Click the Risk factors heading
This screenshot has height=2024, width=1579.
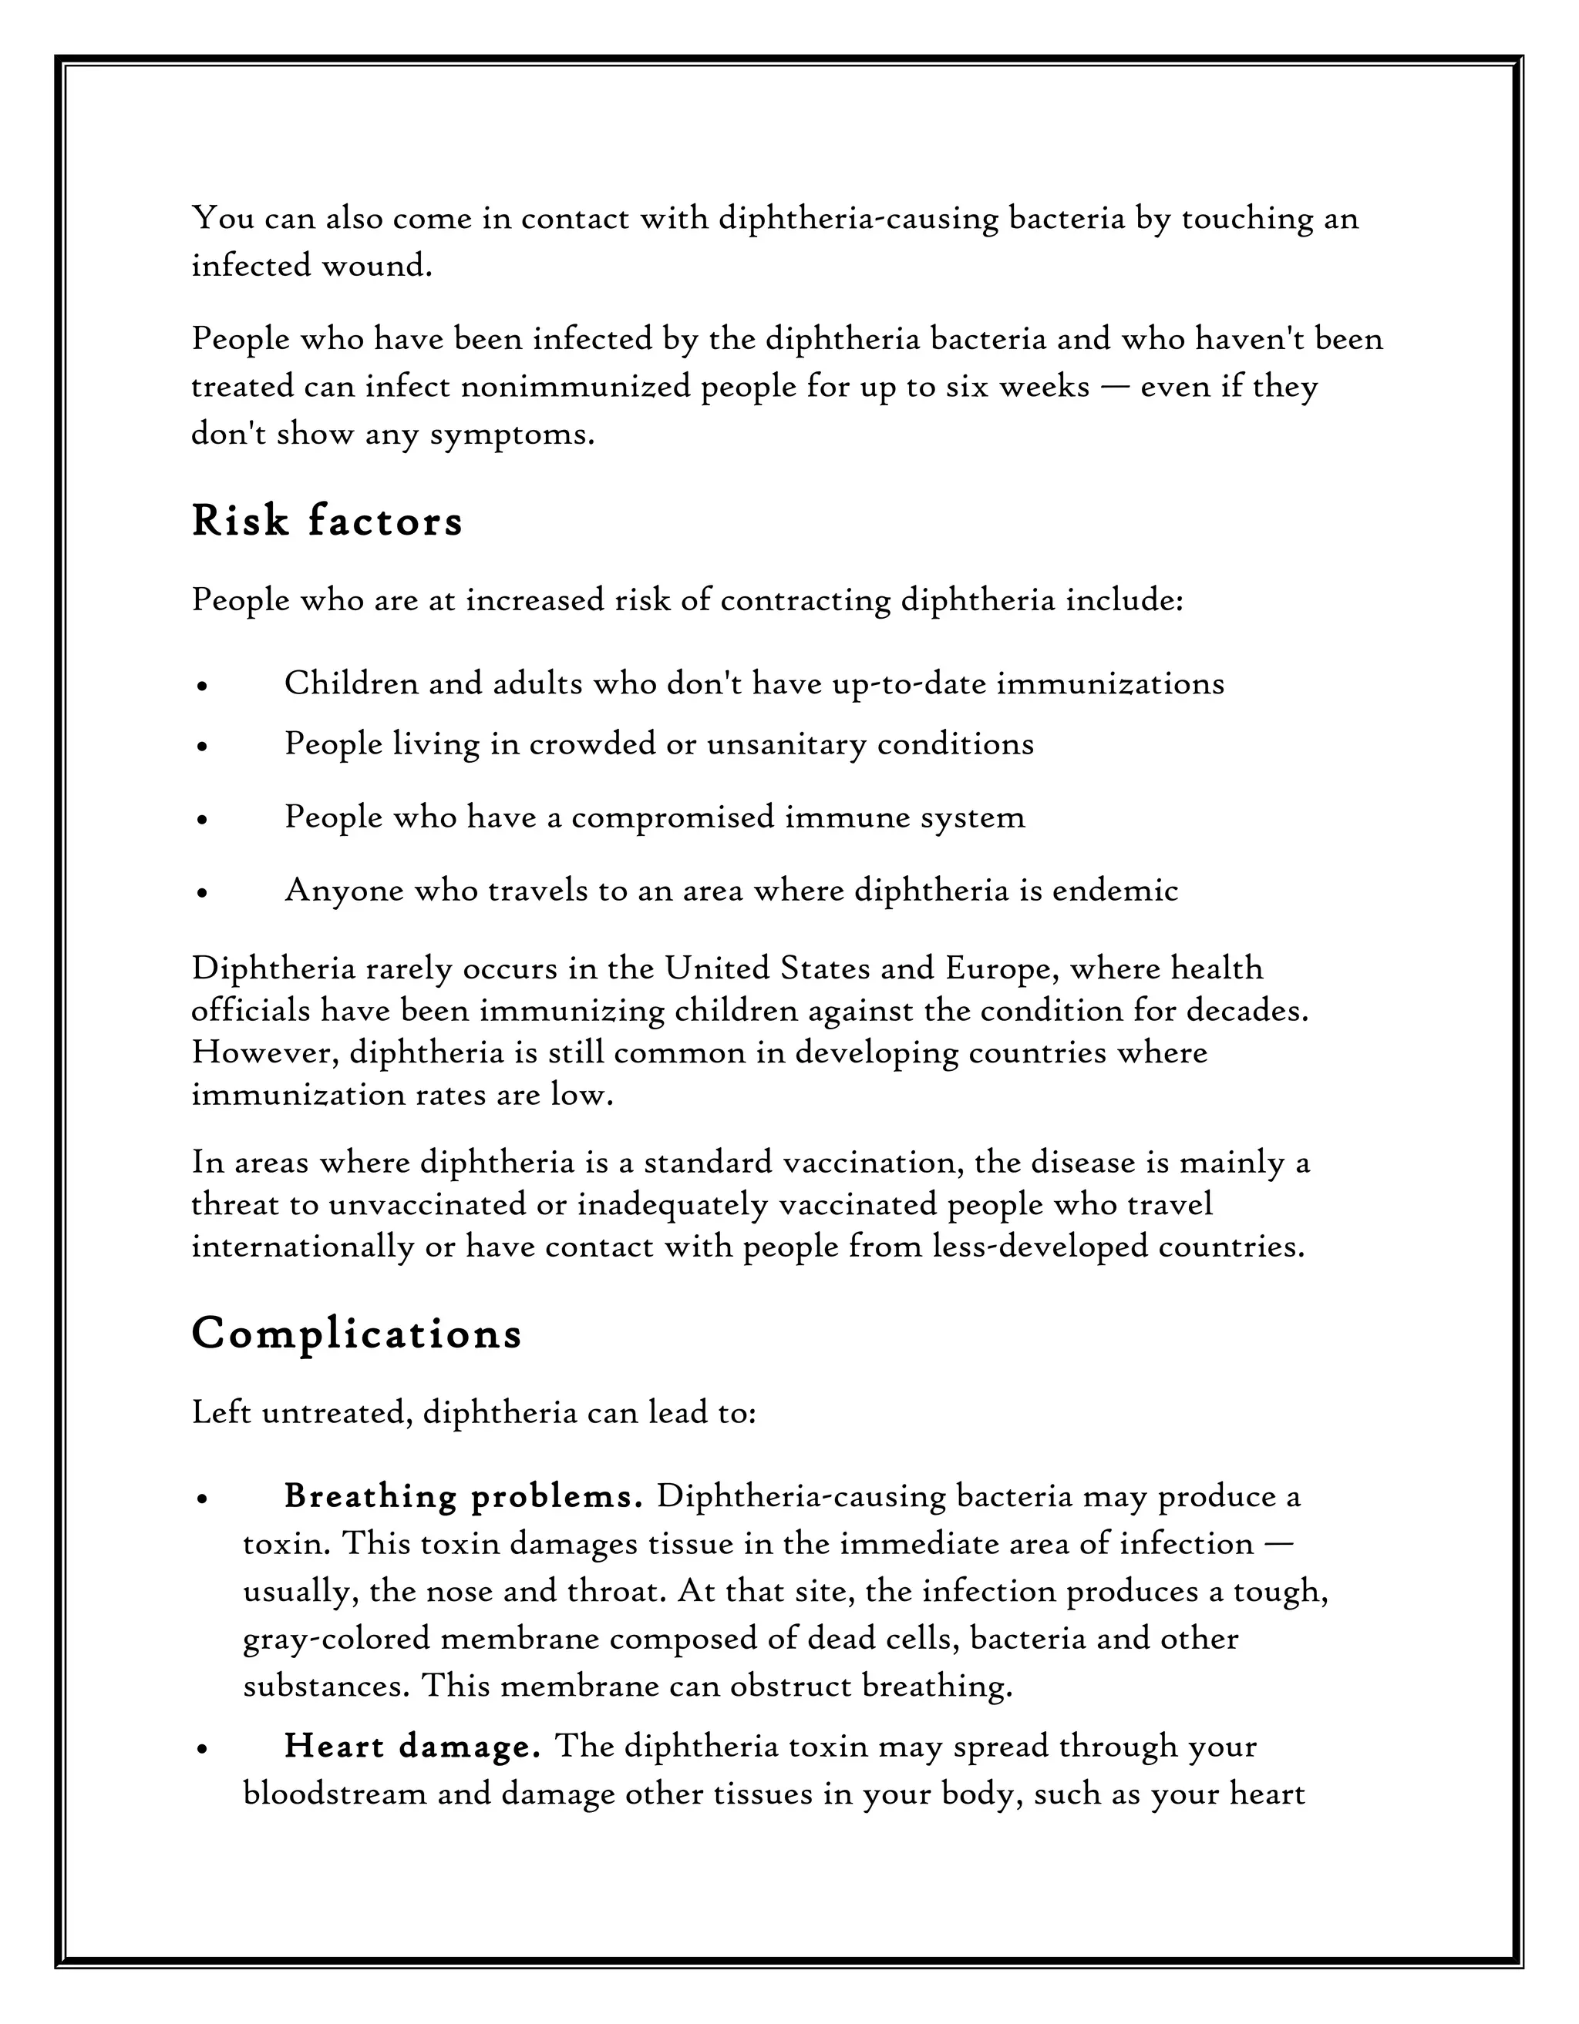[326, 521]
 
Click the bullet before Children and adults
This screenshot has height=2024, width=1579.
[201, 686]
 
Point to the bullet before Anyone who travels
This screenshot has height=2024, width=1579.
[201, 891]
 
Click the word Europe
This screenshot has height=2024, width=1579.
[1002, 968]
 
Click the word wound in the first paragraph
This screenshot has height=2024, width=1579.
[376, 266]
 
